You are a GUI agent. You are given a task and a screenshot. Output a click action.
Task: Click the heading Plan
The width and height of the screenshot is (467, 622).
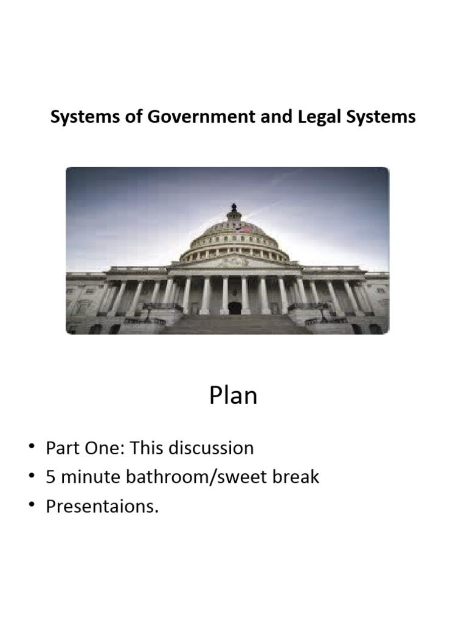coord(233,395)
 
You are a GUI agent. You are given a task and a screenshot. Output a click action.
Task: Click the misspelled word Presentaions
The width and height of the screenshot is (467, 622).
coord(102,506)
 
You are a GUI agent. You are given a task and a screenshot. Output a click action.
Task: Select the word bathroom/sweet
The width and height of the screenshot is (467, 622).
coord(193,477)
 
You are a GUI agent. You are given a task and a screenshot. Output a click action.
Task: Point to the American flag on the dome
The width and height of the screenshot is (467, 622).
coord(245,229)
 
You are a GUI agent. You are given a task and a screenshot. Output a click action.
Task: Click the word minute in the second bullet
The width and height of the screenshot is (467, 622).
coord(89,477)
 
